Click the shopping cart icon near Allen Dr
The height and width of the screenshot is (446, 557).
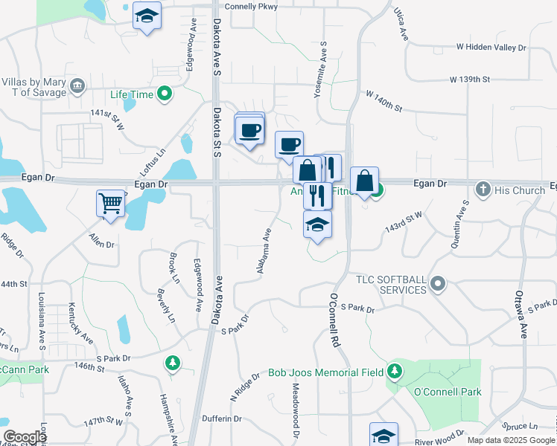coord(111,202)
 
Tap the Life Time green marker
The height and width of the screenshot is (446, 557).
coord(165,94)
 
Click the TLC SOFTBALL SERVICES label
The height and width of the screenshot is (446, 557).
coord(389,283)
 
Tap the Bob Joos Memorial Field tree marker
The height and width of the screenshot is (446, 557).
coord(394,372)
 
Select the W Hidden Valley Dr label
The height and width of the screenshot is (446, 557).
coord(491,47)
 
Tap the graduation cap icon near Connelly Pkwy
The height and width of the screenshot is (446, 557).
coord(147,16)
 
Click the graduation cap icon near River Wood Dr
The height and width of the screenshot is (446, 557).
coord(383,435)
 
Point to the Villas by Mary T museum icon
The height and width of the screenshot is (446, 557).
coord(77,87)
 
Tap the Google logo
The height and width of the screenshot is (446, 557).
coord(25,437)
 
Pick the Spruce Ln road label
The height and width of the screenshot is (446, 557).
coord(521,427)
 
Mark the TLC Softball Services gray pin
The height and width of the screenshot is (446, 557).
coord(438,283)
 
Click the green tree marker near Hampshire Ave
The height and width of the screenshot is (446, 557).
coord(172,363)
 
